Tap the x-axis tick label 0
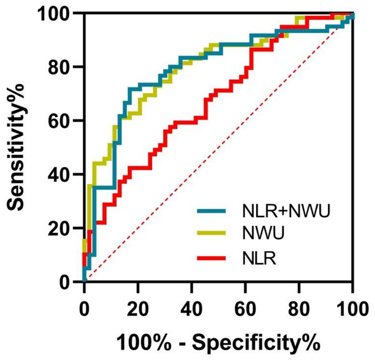point(84,305)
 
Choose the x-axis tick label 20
point(138,305)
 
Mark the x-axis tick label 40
point(192,305)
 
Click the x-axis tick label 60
point(245,305)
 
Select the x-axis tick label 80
point(299,305)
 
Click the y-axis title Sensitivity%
point(19,148)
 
